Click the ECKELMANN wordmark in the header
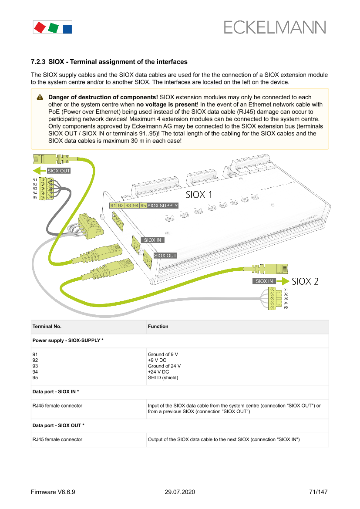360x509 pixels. (275, 27)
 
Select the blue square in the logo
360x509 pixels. (67, 29)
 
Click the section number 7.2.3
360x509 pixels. (38, 62)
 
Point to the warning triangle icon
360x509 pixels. (40, 97)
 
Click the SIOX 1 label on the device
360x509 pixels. (199, 195)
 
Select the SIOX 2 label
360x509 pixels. (305, 281)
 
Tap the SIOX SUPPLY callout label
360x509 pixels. (163, 206)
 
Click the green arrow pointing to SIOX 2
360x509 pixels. (283, 281)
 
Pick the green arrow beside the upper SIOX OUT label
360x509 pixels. (39, 170)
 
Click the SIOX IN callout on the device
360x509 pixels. (152, 240)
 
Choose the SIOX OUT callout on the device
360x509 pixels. (165, 256)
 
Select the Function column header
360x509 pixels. (158, 326)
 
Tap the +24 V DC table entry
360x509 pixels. (158, 372)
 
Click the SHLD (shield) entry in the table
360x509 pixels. (163, 378)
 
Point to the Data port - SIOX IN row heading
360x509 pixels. (56, 392)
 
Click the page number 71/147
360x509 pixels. (318, 492)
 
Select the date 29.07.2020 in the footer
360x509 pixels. (180, 492)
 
